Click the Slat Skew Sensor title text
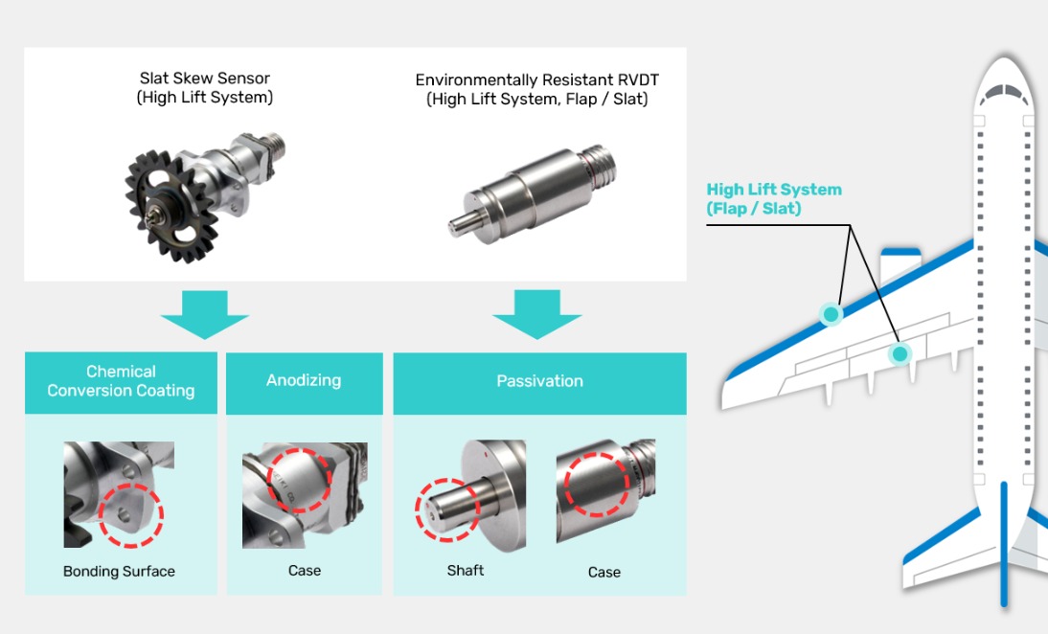click(204, 79)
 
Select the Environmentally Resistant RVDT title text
click(537, 80)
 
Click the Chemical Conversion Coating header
click(121, 381)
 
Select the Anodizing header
click(304, 380)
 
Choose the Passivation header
click(539, 381)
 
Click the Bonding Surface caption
click(119, 572)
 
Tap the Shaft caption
click(466, 571)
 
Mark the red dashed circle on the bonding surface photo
click(131, 514)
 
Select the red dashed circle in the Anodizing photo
click(300, 480)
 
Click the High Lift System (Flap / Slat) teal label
click(774, 198)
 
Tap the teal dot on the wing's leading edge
click(831, 313)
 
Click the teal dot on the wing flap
click(899, 354)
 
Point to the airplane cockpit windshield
click(1003, 93)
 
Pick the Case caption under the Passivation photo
click(604, 573)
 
